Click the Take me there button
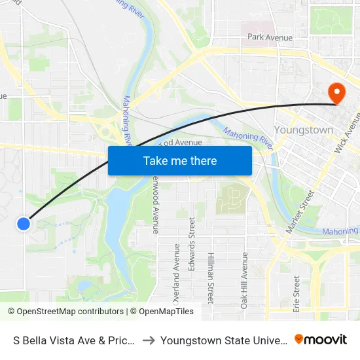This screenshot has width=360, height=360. coord(179,160)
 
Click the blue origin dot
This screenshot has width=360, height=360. coord(24,224)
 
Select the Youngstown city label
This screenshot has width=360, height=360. coord(303,130)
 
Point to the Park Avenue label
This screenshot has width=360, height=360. coord(270,37)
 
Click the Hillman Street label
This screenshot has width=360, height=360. coord(210,278)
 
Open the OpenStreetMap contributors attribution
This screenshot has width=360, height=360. coord(65,312)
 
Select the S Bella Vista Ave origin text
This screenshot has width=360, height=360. coord(74,340)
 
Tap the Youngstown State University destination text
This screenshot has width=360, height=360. coord(225,340)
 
